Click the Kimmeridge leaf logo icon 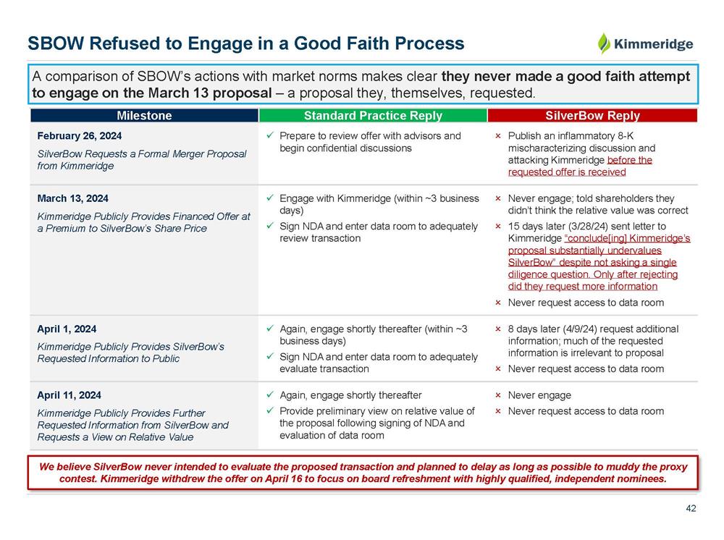point(603,43)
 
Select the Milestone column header point(144,116)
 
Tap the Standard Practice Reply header point(373,116)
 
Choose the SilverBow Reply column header point(592,116)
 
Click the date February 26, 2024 point(79,136)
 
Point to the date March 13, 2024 point(72,198)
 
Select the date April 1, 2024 point(67,329)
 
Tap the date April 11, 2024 point(70,395)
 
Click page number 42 point(691,509)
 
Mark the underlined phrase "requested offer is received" point(566,172)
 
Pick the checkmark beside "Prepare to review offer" point(269,136)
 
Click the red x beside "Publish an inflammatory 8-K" point(498,136)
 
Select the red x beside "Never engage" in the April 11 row point(498,395)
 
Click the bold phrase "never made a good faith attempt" point(565,77)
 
